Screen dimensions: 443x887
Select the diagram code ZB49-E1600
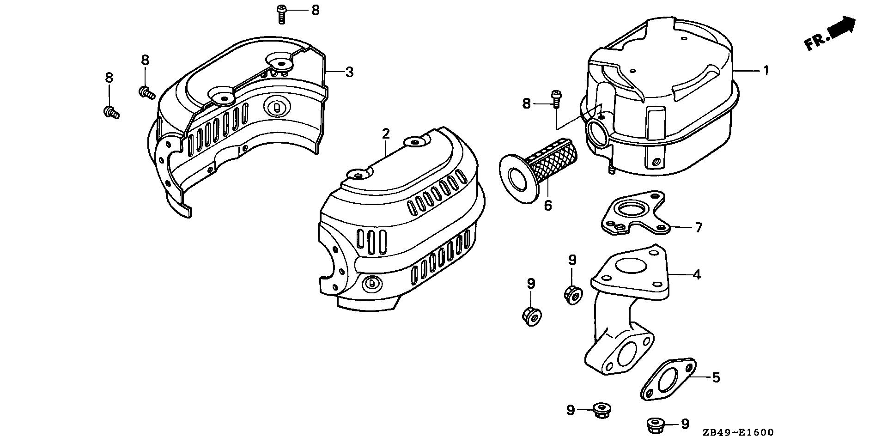coord(737,432)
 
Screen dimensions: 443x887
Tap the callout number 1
coord(766,71)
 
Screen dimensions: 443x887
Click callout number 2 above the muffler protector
coord(386,134)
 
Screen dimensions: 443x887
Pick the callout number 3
coord(349,72)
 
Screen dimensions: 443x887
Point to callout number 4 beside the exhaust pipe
coord(697,274)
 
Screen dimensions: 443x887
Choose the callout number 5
coord(716,377)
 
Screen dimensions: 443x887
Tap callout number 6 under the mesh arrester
coord(548,205)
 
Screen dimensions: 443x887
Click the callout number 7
coord(698,227)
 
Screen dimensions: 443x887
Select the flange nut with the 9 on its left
coord(600,409)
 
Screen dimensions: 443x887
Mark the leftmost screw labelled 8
coord(111,112)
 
